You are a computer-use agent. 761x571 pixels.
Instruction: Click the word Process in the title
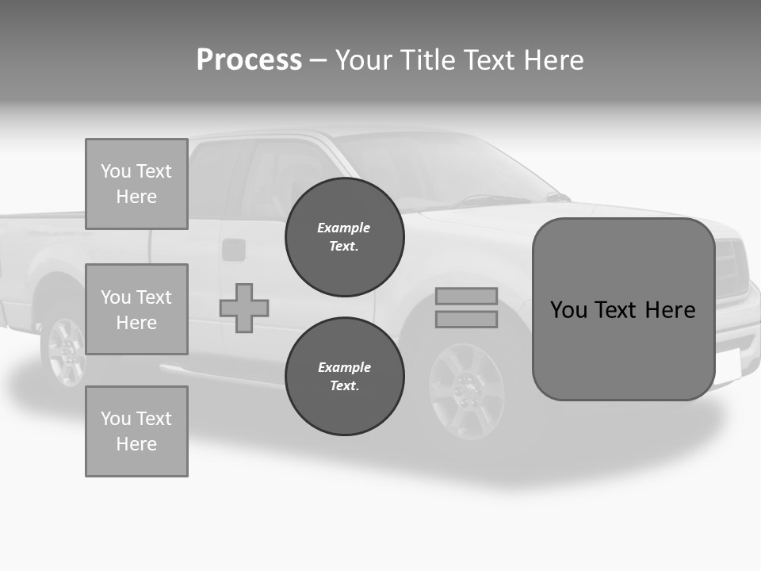pos(249,60)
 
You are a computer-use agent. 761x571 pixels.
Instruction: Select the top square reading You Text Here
pos(136,184)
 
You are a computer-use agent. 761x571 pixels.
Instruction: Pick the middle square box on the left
pos(136,309)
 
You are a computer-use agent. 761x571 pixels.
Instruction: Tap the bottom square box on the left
pos(136,431)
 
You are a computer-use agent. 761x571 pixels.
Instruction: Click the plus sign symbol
pos(244,308)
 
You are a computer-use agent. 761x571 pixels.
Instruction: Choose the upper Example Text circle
pos(344,237)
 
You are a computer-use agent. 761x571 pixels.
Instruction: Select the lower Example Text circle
pos(344,377)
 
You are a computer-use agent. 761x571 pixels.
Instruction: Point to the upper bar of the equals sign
pos(466,297)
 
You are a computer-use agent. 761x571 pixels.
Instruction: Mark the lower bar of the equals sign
pos(466,319)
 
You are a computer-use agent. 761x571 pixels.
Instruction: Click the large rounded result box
pos(623,309)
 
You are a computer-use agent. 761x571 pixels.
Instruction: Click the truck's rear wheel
pos(67,349)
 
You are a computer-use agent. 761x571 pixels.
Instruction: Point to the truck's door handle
pos(234,250)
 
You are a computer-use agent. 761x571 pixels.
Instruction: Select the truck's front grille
pos(731,266)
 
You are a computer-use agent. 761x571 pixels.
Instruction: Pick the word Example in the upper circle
pos(343,228)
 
